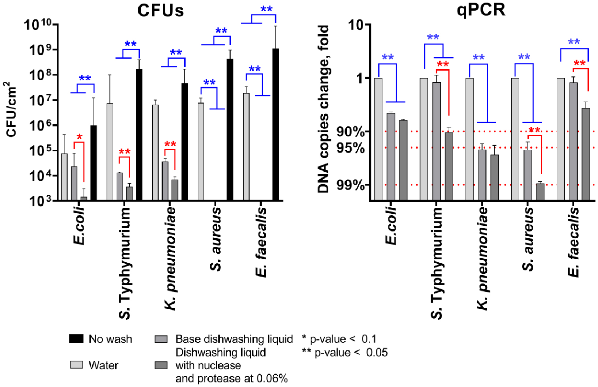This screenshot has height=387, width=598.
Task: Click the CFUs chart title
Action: (160, 10)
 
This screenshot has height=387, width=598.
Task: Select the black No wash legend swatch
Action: (76, 339)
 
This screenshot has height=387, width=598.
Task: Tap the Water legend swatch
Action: (76, 365)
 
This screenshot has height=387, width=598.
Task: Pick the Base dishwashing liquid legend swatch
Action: (161, 339)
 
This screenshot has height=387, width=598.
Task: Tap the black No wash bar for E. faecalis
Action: (275, 124)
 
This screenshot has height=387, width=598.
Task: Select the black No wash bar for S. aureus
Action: (230, 129)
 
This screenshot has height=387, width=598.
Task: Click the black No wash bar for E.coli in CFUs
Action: (94, 163)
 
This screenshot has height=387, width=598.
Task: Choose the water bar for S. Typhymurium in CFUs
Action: (110, 152)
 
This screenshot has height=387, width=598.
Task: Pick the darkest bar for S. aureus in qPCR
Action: (540, 192)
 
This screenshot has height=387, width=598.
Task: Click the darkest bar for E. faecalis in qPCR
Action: (586, 154)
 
